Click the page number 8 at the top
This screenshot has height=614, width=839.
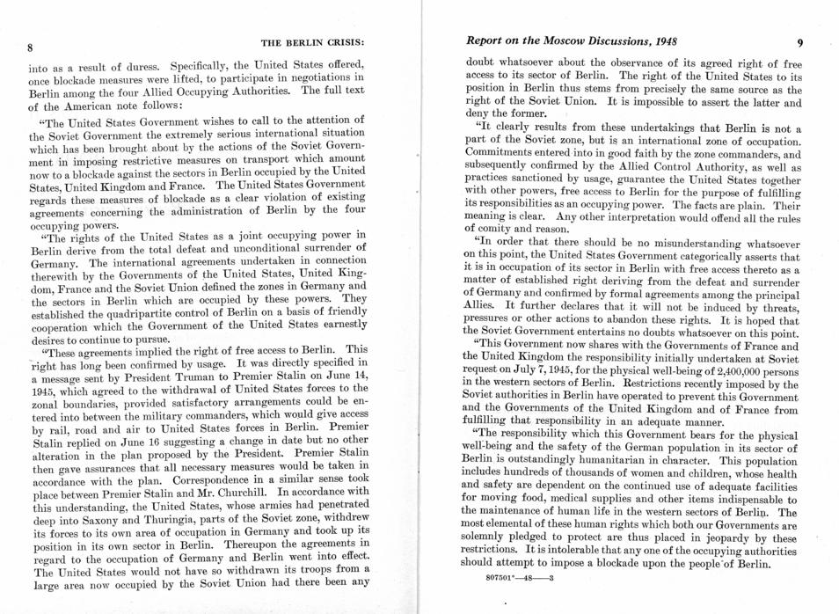(x=30, y=46)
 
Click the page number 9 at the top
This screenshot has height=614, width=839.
(x=799, y=41)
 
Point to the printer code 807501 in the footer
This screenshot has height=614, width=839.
(x=501, y=578)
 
